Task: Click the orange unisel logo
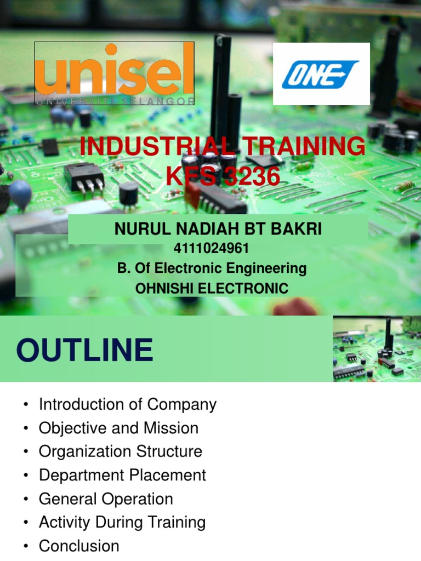click(x=114, y=71)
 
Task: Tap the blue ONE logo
click(x=321, y=74)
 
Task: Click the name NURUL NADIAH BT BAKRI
click(x=218, y=230)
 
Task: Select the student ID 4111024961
click(x=211, y=249)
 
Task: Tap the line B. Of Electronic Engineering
click(x=212, y=268)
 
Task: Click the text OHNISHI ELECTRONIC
click(x=212, y=288)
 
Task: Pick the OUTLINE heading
click(x=85, y=350)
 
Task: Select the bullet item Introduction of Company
click(x=128, y=405)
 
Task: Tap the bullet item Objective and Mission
click(x=118, y=428)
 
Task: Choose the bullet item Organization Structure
click(x=121, y=452)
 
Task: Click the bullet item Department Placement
click(x=122, y=476)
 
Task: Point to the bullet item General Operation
click(x=106, y=499)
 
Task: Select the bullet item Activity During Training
click(x=122, y=523)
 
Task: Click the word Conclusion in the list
click(x=79, y=546)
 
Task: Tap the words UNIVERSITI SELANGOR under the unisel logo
click(x=114, y=101)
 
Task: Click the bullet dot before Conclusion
click(x=25, y=546)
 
